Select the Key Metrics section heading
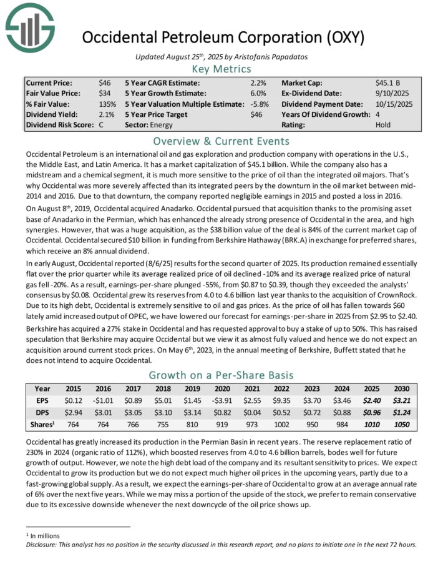pyautogui.click(x=221, y=69)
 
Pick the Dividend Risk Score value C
pyautogui.click(x=101, y=125)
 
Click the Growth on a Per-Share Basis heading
pyautogui.click(x=221, y=375)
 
